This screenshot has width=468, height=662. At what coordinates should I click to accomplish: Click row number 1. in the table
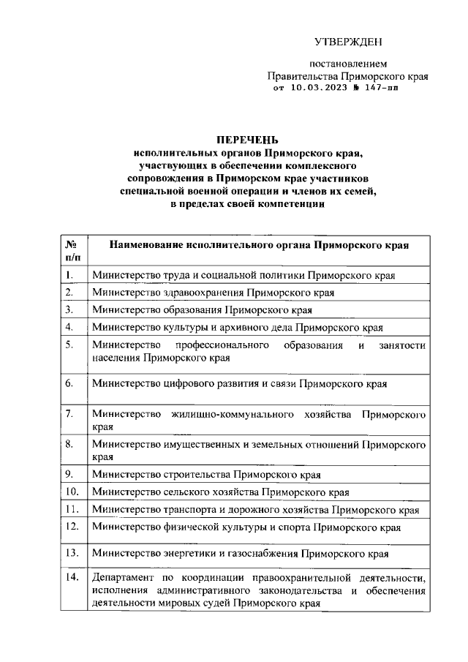tap(69, 275)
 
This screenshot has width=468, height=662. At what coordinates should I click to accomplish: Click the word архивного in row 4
tap(249, 327)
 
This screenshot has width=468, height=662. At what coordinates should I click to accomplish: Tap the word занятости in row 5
tap(401, 345)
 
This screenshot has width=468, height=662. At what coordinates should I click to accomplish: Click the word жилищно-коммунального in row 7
tap(231, 415)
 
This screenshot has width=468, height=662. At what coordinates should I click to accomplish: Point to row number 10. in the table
tap(72, 491)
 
